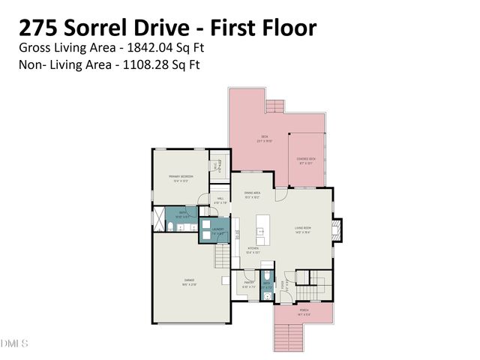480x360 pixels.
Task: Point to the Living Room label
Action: (x=304, y=231)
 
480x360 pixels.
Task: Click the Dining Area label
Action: (x=252, y=194)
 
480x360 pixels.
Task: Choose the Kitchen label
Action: (x=253, y=250)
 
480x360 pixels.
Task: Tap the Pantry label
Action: (x=249, y=285)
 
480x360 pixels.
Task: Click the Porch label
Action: (x=304, y=310)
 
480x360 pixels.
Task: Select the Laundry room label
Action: (x=218, y=231)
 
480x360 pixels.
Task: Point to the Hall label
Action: (x=220, y=200)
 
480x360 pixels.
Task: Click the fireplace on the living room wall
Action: (x=337, y=227)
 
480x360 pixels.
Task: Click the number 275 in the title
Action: (x=38, y=28)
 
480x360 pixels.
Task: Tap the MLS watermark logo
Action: (x=13, y=344)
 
